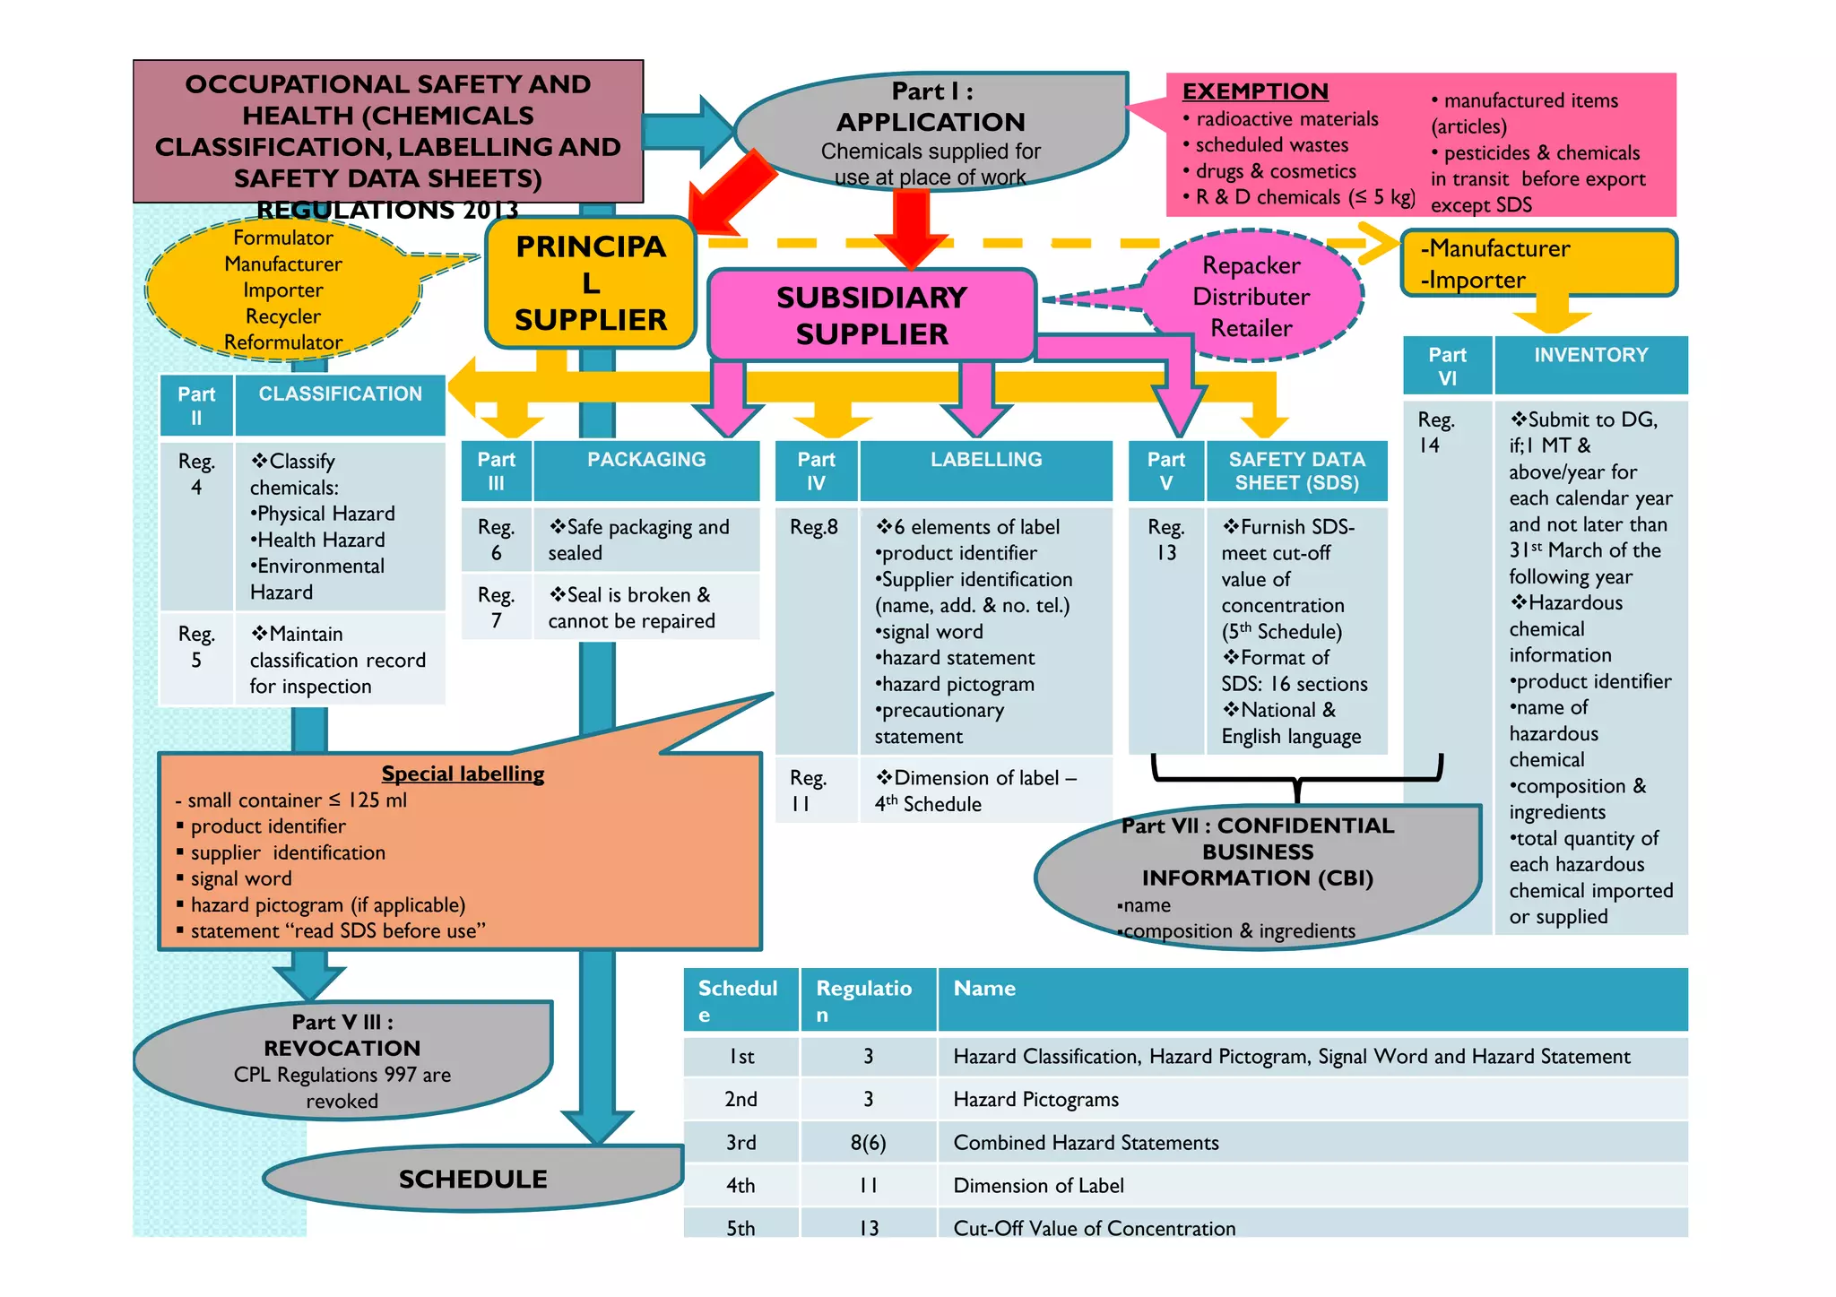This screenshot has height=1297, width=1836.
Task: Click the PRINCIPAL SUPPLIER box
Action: click(x=590, y=282)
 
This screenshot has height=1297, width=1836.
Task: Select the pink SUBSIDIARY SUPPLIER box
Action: click(x=871, y=316)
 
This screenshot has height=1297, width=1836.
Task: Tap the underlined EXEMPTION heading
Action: click(x=1254, y=91)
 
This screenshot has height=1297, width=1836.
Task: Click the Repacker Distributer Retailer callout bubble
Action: click(x=1251, y=297)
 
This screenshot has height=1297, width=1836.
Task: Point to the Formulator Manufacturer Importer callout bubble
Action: click(x=283, y=290)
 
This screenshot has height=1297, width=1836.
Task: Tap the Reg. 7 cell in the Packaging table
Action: click(x=497, y=607)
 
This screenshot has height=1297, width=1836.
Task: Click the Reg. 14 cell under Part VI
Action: click(x=1436, y=432)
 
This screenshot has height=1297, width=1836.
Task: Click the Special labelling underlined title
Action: click(x=463, y=774)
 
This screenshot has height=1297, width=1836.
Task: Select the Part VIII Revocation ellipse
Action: click(x=342, y=1060)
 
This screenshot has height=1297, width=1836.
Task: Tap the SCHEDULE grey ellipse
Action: click(x=472, y=1179)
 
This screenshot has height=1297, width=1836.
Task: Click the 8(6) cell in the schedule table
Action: click(x=868, y=1142)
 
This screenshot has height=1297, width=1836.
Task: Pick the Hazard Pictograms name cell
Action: click(x=1035, y=1099)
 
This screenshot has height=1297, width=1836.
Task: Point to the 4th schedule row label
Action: click(x=740, y=1185)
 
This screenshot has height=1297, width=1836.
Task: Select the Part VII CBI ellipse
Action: click(x=1257, y=874)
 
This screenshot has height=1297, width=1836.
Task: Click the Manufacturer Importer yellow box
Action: click(x=1537, y=264)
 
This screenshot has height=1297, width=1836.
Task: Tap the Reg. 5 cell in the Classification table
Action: click(x=196, y=647)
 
